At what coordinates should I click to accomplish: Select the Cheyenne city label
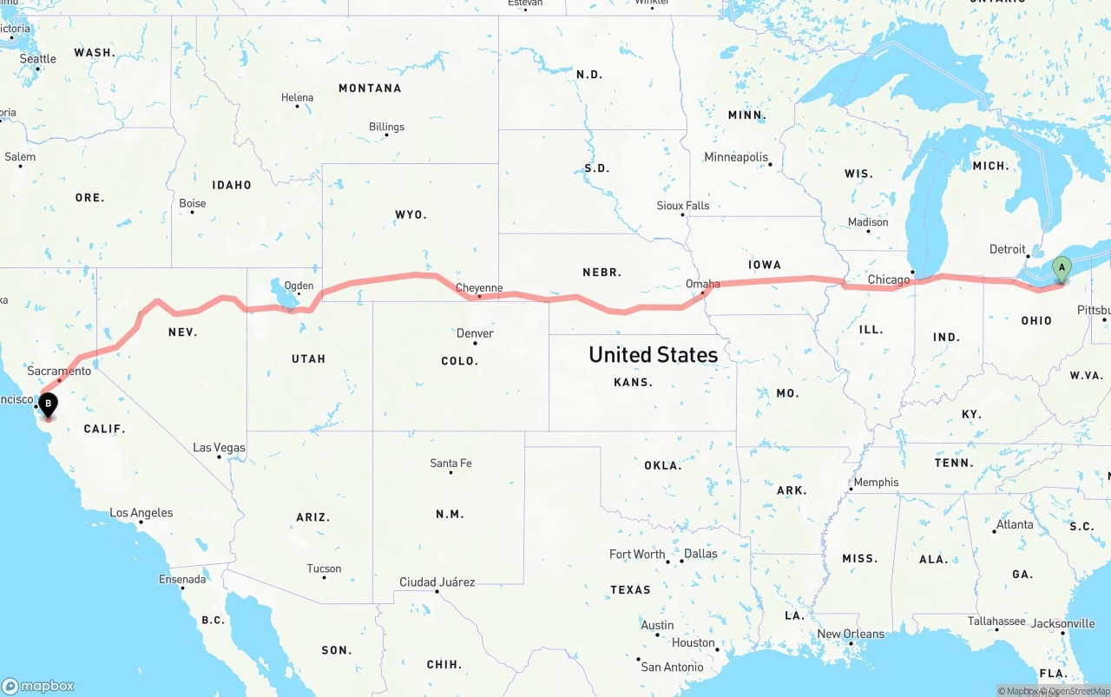pyautogui.click(x=479, y=288)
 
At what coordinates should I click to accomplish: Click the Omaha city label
pyautogui.click(x=702, y=284)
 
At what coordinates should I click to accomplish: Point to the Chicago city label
pyautogui.click(x=889, y=279)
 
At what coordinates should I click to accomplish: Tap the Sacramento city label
pyautogui.click(x=59, y=371)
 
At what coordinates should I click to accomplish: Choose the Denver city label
pyautogui.click(x=475, y=333)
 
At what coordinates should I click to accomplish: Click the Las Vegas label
pyautogui.click(x=219, y=448)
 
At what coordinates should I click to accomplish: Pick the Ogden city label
pyautogui.click(x=299, y=286)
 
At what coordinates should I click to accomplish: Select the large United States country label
pyautogui.click(x=653, y=354)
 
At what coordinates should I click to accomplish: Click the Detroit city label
pyautogui.click(x=1008, y=249)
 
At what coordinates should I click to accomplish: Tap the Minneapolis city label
pyautogui.click(x=736, y=157)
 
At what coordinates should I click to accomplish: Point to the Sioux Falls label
pyautogui.click(x=683, y=206)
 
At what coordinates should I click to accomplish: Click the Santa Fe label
pyautogui.click(x=450, y=464)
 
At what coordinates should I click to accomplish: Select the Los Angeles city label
pyautogui.click(x=141, y=513)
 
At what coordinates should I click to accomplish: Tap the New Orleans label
pyautogui.click(x=851, y=634)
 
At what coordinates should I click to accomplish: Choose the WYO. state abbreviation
pyautogui.click(x=410, y=214)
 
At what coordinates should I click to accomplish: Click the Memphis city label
pyautogui.click(x=877, y=483)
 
